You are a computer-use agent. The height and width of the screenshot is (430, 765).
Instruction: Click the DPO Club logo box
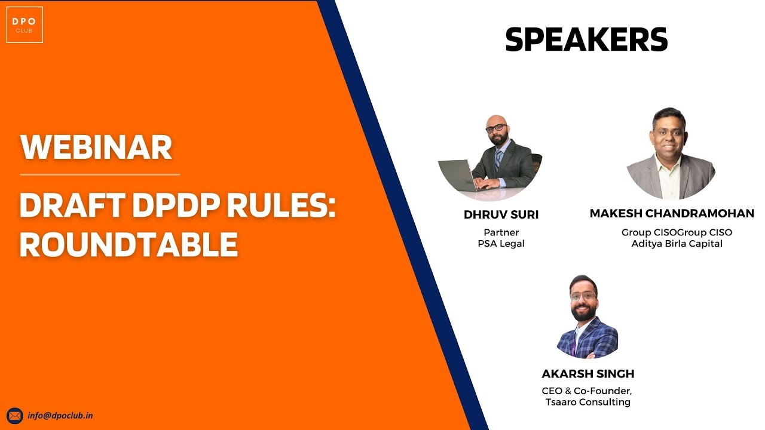point(25,24)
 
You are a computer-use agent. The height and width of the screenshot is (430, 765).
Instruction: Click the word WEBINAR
point(96,147)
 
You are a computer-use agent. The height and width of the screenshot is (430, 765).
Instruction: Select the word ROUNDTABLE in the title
point(128,244)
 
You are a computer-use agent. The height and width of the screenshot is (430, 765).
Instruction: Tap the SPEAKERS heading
point(586,41)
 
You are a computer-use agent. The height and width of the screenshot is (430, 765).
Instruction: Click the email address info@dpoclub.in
point(60,416)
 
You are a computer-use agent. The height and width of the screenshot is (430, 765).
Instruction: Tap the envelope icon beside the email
point(15,416)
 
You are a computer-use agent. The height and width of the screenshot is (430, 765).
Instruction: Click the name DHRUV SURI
point(501,215)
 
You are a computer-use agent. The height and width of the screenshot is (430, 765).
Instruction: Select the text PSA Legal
point(501,244)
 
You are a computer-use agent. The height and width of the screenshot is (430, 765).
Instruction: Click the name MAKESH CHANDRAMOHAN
point(672,213)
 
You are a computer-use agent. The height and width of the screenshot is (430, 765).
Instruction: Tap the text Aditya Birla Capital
point(677,244)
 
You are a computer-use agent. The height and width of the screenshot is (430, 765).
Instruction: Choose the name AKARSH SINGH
point(587,374)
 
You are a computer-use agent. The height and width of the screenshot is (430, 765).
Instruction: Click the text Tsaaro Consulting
point(587,402)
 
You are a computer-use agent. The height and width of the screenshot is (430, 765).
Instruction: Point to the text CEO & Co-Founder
point(587,391)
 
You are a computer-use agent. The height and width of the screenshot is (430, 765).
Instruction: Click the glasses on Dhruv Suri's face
point(495,128)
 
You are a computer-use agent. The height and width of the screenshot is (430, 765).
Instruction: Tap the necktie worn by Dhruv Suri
point(498,160)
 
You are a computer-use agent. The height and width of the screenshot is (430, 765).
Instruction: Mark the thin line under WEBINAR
point(99,175)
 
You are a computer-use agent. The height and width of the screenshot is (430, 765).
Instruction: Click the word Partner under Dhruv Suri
point(501,232)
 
